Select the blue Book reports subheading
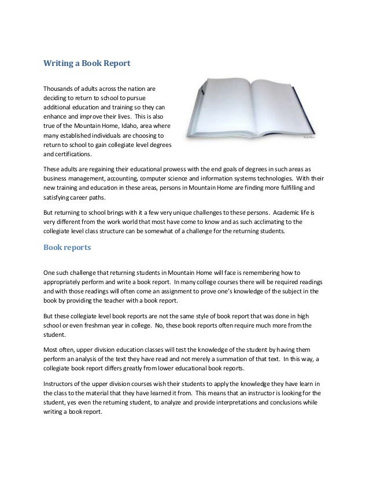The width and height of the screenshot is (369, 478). tap(68, 251)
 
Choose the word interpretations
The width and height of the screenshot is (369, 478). tap(212, 406)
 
